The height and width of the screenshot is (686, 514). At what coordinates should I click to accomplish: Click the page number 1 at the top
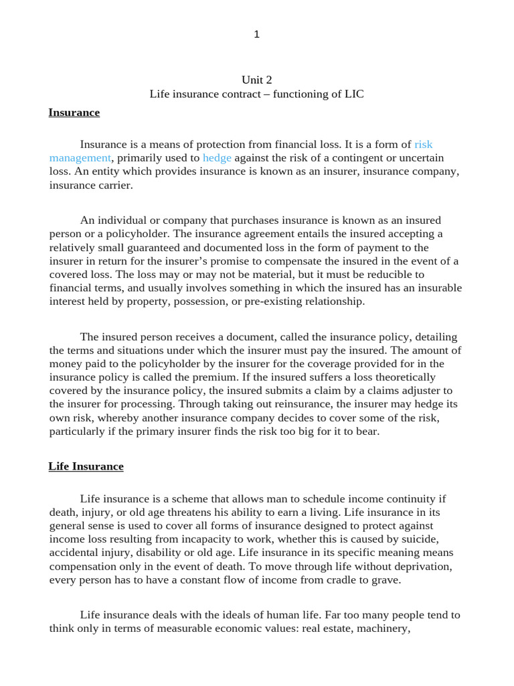pos(256,35)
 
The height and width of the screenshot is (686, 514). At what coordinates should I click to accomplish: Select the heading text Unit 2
pos(256,80)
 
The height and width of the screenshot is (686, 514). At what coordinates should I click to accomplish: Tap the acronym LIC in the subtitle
pos(353,94)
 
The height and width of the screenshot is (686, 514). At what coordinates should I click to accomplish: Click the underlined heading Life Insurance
pos(86,466)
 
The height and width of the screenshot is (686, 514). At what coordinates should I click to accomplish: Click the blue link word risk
pos(424,144)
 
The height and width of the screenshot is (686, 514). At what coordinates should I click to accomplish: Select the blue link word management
pos(80,158)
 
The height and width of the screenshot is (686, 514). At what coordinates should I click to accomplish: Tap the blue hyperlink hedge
pos(217,158)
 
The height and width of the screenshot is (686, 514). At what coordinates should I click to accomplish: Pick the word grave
pos(385,580)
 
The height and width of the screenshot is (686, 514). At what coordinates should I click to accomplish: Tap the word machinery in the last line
pos(385,629)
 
